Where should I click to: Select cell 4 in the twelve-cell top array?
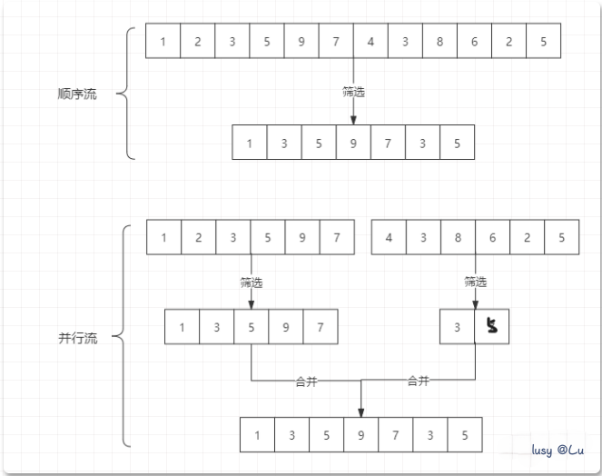pyautogui.click(x=370, y=41)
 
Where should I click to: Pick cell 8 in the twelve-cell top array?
pyautogui.click(x=439, y=41)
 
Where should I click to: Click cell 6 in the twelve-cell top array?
pyautogui.click(x=474, y=41)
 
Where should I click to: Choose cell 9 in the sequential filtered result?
pyautogui.click(x=353, y=143)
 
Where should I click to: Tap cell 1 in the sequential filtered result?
pyautogui.click(x=250, y=143)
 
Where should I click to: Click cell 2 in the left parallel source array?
pyautogui.click(x=198, y=238)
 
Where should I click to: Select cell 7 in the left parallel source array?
pyautogui.click(x=336, y=238)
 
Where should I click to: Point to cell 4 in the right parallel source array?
pyautogui.click(x=389, y=238)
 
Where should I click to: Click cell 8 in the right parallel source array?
pyautogui.click(x=458, y=238)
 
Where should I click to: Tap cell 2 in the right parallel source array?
pyautogui.click(x=527, y=238)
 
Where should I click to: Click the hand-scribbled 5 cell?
pyautogui.click(x=492, y=326)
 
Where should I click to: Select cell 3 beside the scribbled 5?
pyautogui.click(x=457, y=327)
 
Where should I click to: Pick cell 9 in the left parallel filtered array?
pyautogui.click(x=285, y=327)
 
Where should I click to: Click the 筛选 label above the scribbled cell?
pyautogui.click(x=475, y=282)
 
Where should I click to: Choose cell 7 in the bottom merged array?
pyautogui.click(x=395, y=435)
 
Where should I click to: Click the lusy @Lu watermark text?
pyautogui.click(x=558, y=451)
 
